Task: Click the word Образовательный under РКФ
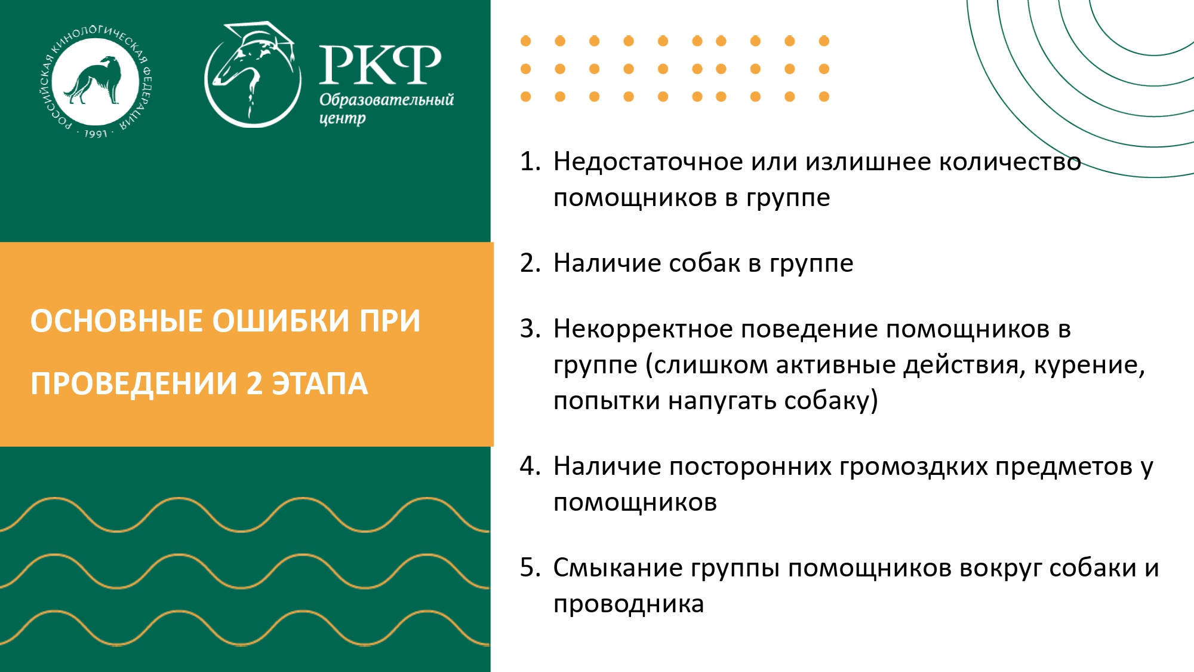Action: [x=386, y=100]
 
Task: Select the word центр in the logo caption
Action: [x=342, y=118]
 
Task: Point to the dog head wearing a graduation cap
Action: [x=253, y=75]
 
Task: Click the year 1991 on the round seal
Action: [x=96, y=133]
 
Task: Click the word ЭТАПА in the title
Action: [x=320, y=383]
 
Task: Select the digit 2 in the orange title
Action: [x=254, y=383]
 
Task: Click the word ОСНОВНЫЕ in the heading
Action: [x=117, y=321]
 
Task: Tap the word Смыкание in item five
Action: [x=617, y=567]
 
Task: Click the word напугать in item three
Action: [x=722, y=401]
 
